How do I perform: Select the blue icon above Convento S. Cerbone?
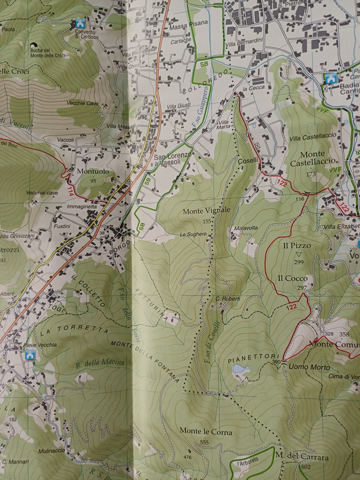pos(78,24)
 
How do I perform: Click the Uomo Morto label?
pos(309,367)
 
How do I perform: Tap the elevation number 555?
pos(205,442)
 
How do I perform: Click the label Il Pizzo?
pos(297,245)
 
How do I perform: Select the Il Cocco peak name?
pos(292,278)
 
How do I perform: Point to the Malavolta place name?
pos(246,228)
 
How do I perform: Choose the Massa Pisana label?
pos(189,23)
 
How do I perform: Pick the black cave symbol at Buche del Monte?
pos(34,45)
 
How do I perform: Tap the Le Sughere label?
pos(193,234)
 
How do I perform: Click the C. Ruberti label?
pos(228,298)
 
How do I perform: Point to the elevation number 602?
pos(305,467)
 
